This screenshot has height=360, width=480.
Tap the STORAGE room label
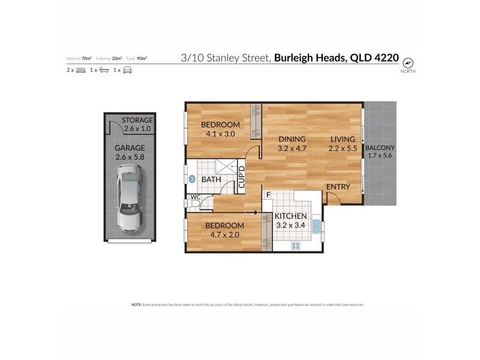[x=137, y=120]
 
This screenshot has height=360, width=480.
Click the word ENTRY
[x=338, y=187]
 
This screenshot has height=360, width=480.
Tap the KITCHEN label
[x=290, y=216]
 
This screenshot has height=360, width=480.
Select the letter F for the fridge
[x=268, y=194]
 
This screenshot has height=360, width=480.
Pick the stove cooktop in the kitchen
[x=295, y=245]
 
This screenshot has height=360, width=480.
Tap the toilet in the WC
[x=192, y=205]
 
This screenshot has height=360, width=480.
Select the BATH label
[x=211, y=179]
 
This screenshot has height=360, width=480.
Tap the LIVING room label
[x=343, y=139]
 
